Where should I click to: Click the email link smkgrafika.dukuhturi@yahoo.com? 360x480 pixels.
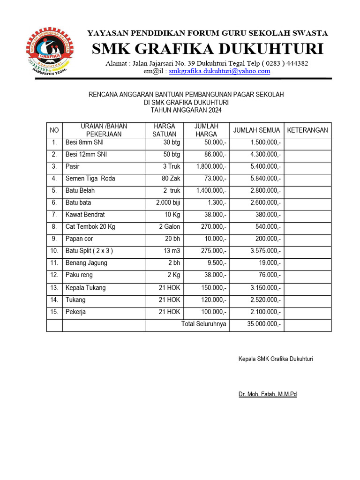pyautogui.click(x=219, y=71)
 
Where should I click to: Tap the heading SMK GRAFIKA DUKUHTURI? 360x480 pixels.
pyautogui.click(x=207, y=49)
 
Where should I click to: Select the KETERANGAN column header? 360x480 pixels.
pyautogui.click(x=307, y=130)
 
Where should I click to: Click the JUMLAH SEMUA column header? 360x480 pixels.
pyautogui.click(x=256, y=130)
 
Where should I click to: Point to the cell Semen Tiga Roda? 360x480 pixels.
pyautogui.click(x=90, y=179)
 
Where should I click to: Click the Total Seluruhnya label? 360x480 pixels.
pyautogui.click(x=203, y=324)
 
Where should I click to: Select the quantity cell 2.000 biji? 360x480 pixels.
pyautogui.click(x=168, y=202)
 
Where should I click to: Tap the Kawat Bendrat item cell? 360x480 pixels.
pyautogui.click(x=85, y=215)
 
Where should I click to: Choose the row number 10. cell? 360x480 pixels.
pyautogui.click(x=54, y=251)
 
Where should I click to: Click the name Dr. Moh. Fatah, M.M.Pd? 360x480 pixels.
pyautogui.click(x=268, y=394)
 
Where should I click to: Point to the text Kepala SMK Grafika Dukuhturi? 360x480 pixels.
pyautogui.click(x=276, y=359)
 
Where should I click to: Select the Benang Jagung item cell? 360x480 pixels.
pyautogui.click(x=86, y=263)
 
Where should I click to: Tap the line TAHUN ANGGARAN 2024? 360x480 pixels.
pyautogui.click(x=186, y=111)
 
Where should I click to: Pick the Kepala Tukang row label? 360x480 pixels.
pyautogui.click(x=85, y=288)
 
